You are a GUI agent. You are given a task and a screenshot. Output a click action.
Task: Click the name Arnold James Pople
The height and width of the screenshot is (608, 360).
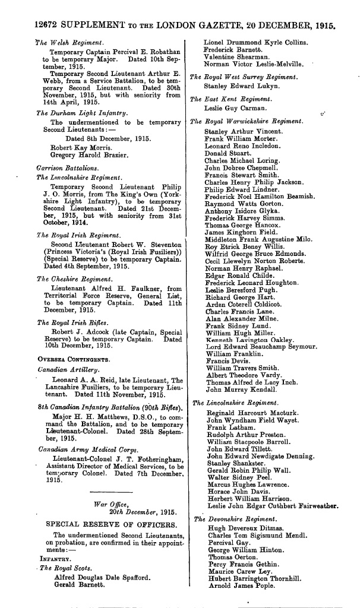click(x=235, y=594)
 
